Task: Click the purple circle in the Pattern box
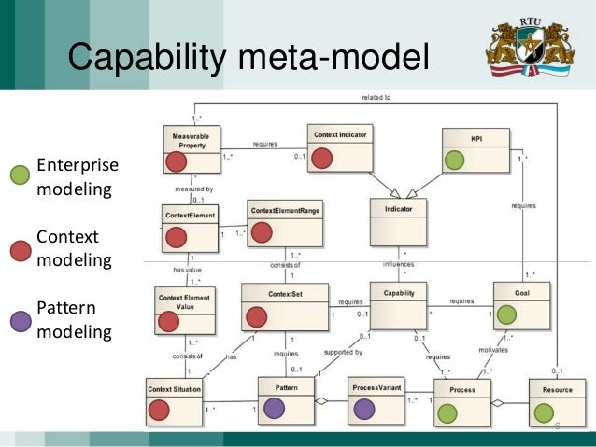pos(273,408)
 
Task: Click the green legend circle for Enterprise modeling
pos(20,175)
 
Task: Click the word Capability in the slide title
pos(144,57)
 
